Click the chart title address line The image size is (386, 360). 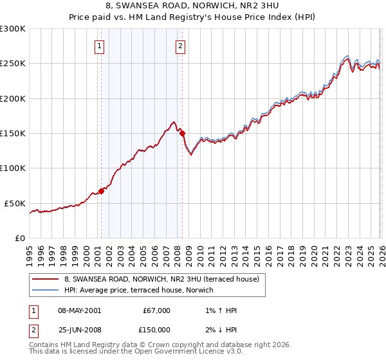pyautogui.click(x=194, y=6)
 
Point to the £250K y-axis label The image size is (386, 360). pyautogui.click(x=13, y=64)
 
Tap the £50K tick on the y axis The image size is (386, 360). pyautogui.click(x=15, y=203)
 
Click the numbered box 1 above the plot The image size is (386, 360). pyautogui.click(x=100, y=46)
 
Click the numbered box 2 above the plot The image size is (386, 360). pyautogui.click(x=181, y=46)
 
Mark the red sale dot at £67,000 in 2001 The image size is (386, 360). pyautogui.click(x=101, y=191)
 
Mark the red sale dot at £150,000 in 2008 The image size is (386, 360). pyautogui.click(x=182, y=133)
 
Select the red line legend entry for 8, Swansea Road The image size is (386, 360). pyautogui.click(x=161, y=279)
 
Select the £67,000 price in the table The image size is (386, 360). pyautogui.click(x=156, y=310)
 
